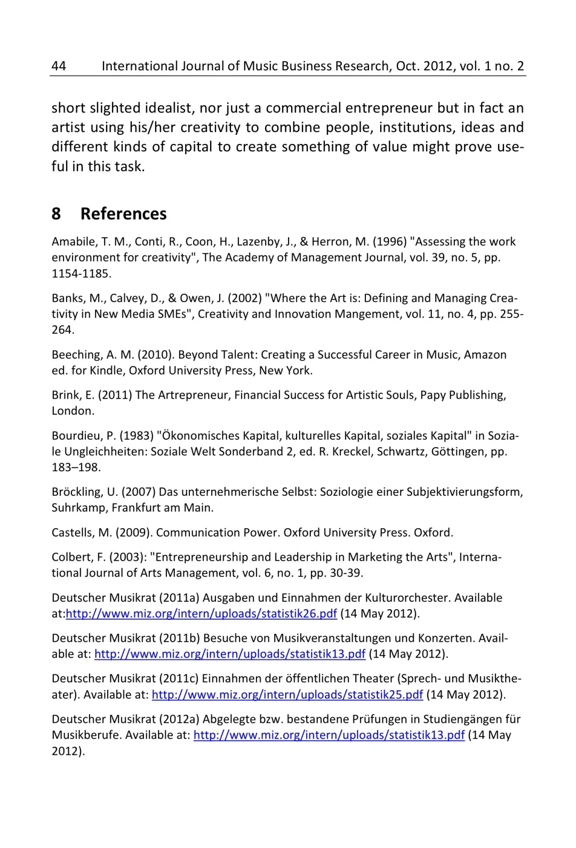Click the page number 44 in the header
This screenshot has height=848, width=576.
tap(59, 66)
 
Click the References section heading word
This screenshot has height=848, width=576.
tap(123, 214)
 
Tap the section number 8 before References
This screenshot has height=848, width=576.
tap(56, 214)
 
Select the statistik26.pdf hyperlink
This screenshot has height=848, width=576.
tap(201, 613)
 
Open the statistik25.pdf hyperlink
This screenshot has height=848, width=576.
tap(287, 694)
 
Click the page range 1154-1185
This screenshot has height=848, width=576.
tap(81, 273)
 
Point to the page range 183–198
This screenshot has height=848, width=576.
tap(76, 467)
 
